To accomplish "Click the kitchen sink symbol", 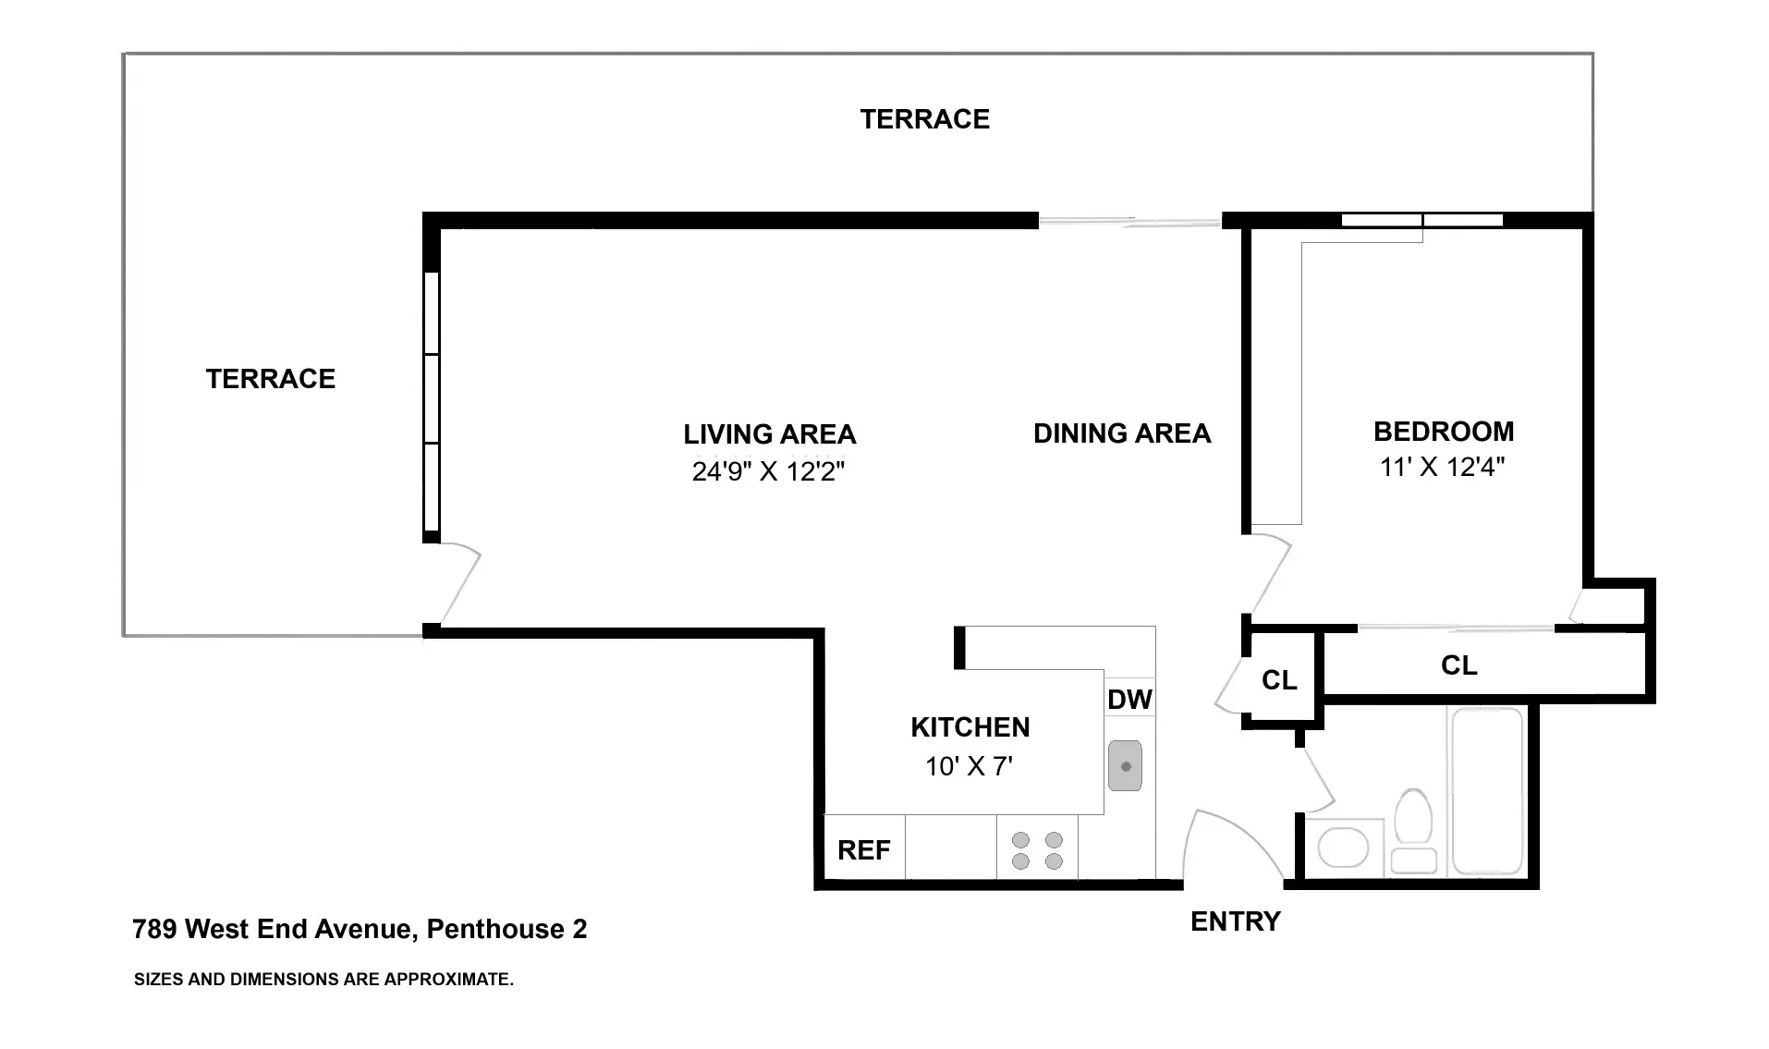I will pyautogui.click(x=1125, y=765).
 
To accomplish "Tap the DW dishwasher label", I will pyautogui.click(x=1129, y=700).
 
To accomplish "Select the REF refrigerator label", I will pyautogui.click(x=863, y=850).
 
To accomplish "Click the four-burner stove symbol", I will pyautogui.click(x=1037, y=850).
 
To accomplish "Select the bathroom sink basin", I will pyautogui.click(x=1342, y=848).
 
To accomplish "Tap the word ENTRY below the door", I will pyautogui.click(x=1235, y=921).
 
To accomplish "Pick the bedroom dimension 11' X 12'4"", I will pyautogui.click(x=1442, y=468).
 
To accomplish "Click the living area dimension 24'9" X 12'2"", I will pyautogui.click(x=768, y=472).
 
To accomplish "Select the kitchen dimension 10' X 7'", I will pyautogui.click(x=969, y=766).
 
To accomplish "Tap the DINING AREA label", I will pyautogui.click(x=1121, y=433).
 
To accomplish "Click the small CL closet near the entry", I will pyautogui.click(x=1279, y=680).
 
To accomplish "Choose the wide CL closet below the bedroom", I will pyautogui.click(x=1458, y=665).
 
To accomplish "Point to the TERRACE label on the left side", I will pyautogui.click(x=270, y=379).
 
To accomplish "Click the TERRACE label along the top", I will pyautogui.click(x=924, y=119).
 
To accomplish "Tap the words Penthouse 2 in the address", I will pyautogui.click(x=506, y=929).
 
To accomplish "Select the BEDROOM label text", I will pyautogui.click(x=1443, y=432).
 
